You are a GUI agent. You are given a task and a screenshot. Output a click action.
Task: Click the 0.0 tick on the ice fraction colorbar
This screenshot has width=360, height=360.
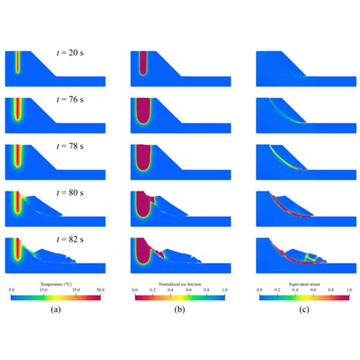point(134,290)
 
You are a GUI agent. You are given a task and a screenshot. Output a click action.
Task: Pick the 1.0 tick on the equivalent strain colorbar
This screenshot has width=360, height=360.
point(348,290)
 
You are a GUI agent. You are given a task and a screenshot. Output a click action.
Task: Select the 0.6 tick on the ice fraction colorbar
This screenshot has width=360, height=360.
point(188,290)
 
